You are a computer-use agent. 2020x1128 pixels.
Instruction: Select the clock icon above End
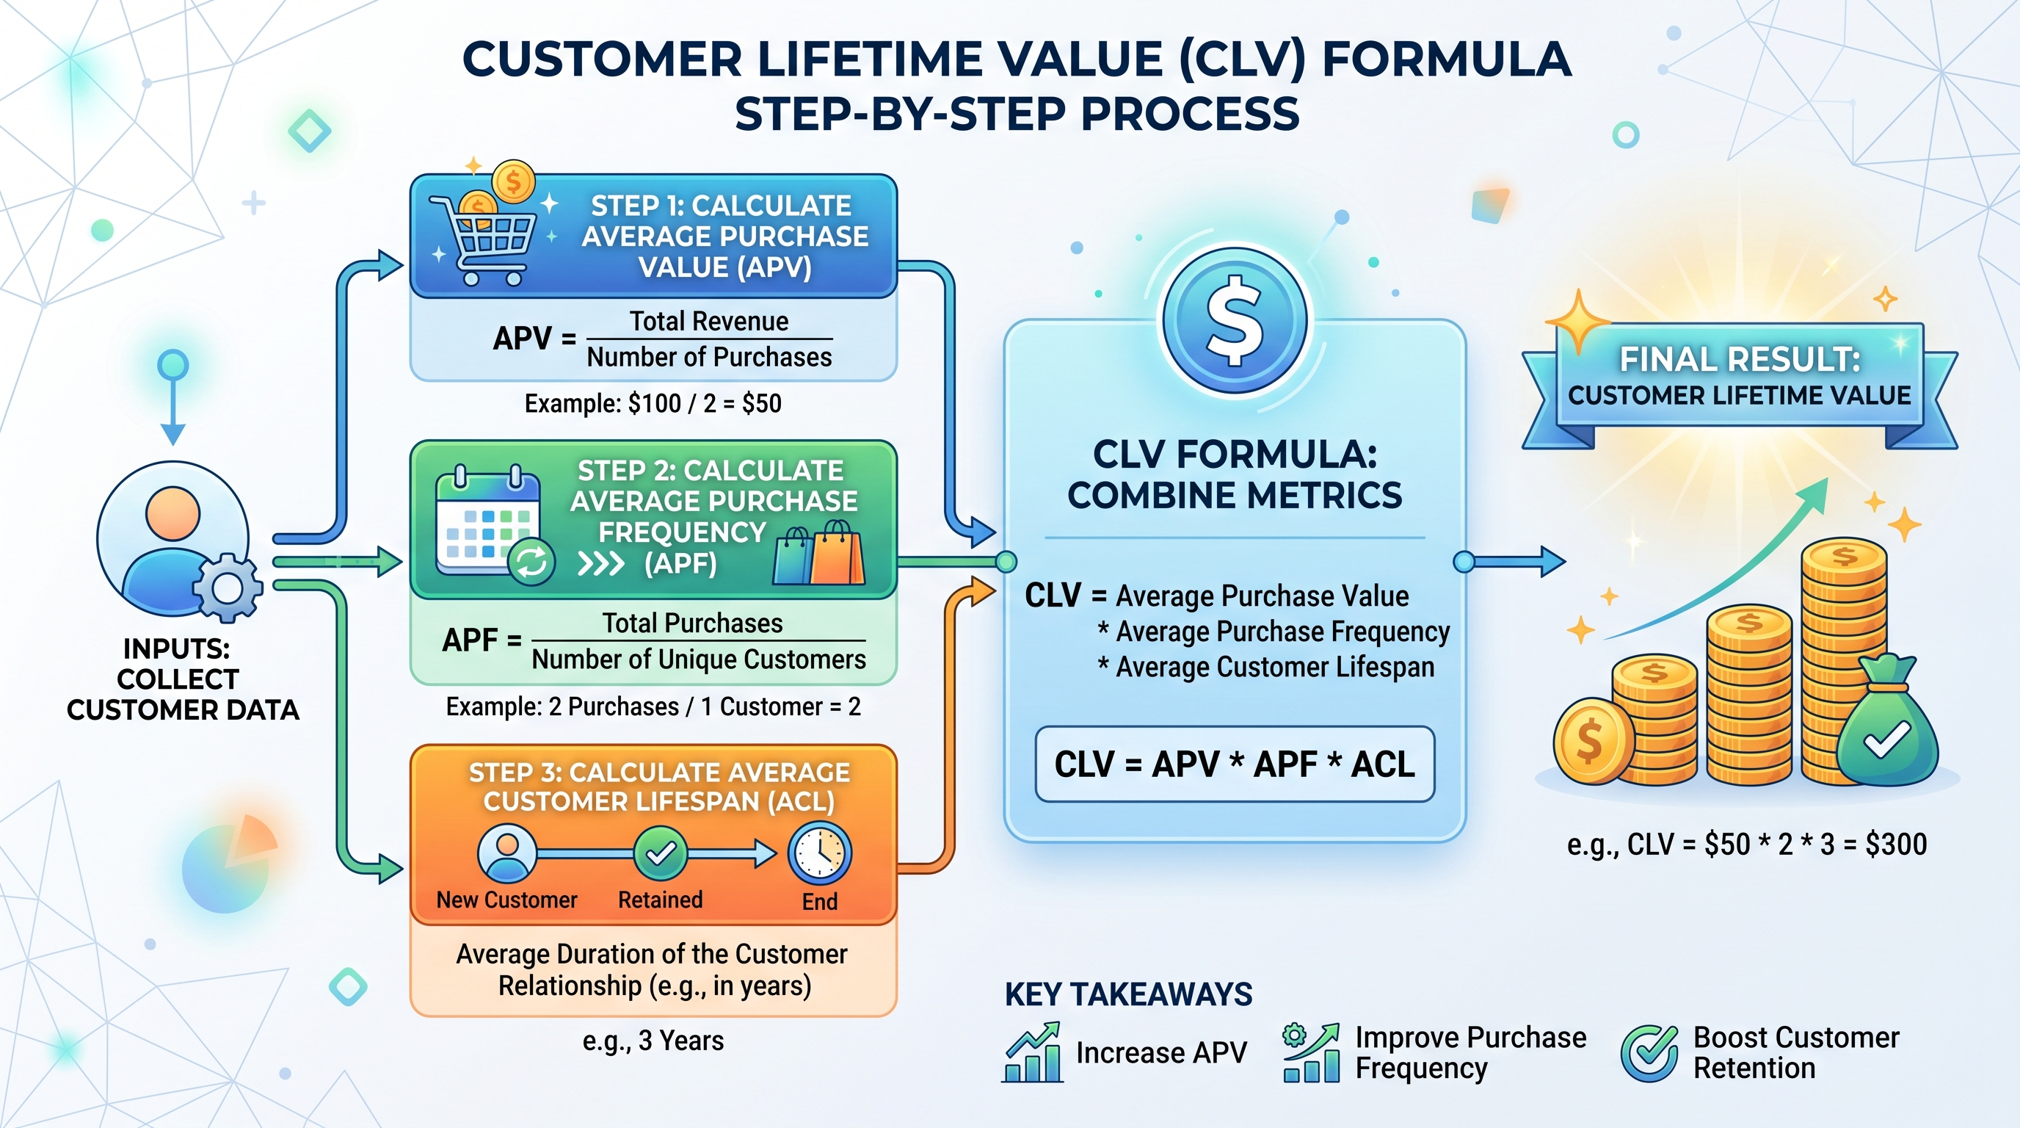click(x=819, y=854)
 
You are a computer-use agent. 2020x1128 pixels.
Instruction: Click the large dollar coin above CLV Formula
click(x=1235, y=321)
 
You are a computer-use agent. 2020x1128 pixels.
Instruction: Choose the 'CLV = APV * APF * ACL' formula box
click(x=1235, y=764)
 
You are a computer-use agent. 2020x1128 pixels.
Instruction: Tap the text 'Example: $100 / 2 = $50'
click(x=653, y=404)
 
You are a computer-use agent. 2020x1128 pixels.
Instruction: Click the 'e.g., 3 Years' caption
click(x=653, y=1041)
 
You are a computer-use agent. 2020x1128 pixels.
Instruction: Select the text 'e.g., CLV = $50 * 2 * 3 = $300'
click(x=1746, y=845)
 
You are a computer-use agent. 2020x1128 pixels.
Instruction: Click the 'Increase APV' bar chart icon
click(x=1033, y=1054)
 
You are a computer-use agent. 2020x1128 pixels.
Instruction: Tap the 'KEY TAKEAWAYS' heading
click(x=1128, y=994)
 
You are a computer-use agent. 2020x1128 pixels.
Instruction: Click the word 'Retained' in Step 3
click(x=661, y=900)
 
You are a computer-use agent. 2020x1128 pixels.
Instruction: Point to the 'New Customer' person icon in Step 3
click(x=507, y=853)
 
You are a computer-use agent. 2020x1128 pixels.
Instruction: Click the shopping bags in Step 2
click(x=818, y=554)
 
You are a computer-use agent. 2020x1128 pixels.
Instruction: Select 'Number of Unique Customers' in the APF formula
click(x=699, y=659)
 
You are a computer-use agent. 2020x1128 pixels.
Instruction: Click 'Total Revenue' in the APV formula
click(x=709, y=322)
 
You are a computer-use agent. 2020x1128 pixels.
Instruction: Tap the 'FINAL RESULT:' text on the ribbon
click(x=1740, y=359)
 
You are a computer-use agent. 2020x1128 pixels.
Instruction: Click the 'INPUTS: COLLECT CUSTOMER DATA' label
click(x=183, y=679)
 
